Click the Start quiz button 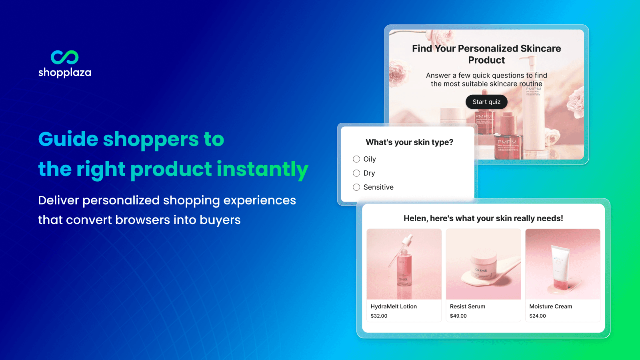click(486, 102)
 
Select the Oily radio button click(356, 159)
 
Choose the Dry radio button click(356, 173)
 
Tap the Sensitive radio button click(356, 187)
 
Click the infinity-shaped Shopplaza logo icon click(64, 57)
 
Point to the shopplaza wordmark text click(64, 72)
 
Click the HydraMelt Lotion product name click(394, 306)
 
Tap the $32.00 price click(379, 316)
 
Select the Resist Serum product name click(467, 306)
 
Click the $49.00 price click(458, 316)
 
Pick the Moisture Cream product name click(550, 306)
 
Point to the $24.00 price click(538, 316)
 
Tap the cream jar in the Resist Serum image click(482, 271)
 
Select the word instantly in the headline click(262, 169)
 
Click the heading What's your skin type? click(409, 142)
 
